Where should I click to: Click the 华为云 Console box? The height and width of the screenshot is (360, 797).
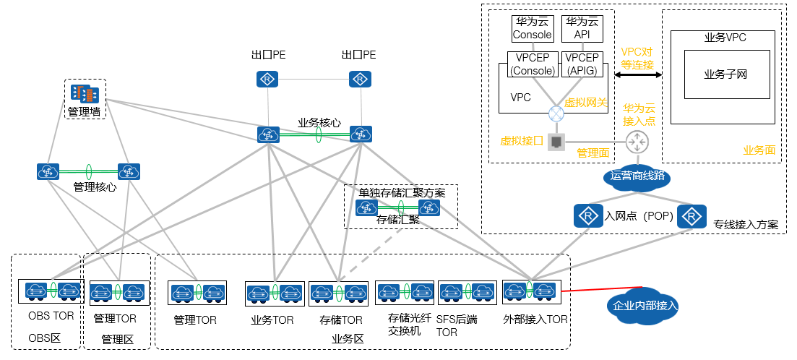click(x=532, y=28)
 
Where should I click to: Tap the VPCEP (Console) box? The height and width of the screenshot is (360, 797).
click(x=532, y=64)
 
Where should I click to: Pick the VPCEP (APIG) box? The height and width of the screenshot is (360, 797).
click(x=582, y=64)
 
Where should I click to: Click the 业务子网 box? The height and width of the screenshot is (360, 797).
click(x=725, y=74)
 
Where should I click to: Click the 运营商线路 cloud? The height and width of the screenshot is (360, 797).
click(x=637, y=176)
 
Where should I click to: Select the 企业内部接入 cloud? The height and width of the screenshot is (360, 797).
click(x=645, y=306)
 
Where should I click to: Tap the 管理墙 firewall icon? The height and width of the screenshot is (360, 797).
click(x=85, y=93)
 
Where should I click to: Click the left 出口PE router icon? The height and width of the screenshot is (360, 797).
click(x=267, y=79)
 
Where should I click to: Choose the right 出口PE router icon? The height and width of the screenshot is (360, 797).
click(x=359, y=79)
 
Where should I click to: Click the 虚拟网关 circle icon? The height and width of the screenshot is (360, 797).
click(x=556, y=113)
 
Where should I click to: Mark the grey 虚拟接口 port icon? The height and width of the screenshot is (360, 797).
click(x=556, y=142)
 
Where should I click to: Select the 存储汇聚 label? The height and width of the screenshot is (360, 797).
click(x=398, y=219)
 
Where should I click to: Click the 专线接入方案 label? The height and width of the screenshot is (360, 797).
click(x=745, y=225)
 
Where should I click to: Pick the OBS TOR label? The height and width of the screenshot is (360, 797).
click(x=51, y=317)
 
